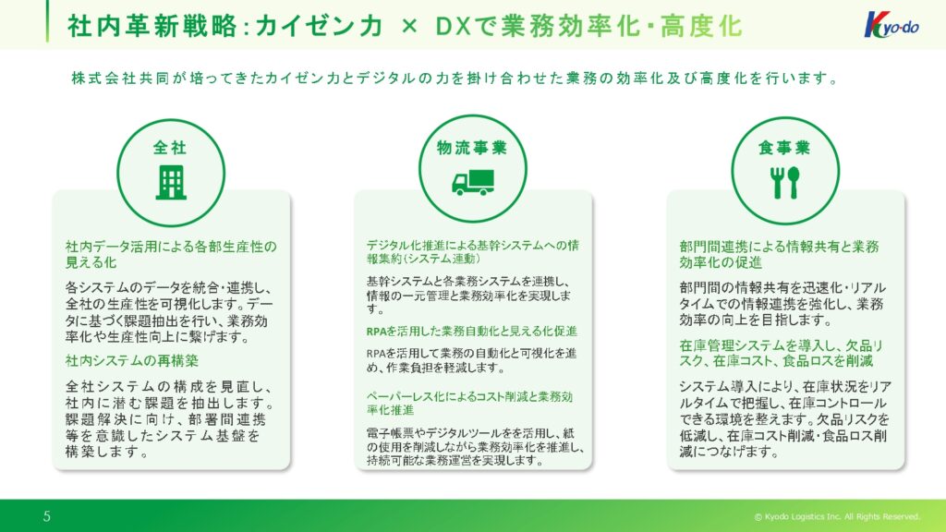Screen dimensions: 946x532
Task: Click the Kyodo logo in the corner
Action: [891, 25]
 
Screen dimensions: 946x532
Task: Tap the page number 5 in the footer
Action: [47, 515]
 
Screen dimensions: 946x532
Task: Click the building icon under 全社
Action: [171, 183]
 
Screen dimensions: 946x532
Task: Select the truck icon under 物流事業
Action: [473, 182]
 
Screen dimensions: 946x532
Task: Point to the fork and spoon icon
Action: [785, 182]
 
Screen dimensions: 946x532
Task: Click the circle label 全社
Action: [170, 147]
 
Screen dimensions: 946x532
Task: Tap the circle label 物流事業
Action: [472, 147]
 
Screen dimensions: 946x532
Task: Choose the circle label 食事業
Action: [784, 147]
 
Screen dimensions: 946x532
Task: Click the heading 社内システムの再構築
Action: [132, 361]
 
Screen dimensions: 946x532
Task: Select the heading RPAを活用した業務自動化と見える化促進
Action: [472, 332]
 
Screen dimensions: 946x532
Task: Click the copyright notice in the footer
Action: [837, 516]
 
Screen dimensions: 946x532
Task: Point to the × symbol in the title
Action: [409, 26]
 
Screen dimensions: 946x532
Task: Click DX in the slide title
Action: [453, 26]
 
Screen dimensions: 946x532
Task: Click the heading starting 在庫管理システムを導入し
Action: [781, 354]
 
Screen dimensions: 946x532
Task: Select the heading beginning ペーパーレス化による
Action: [469, 403]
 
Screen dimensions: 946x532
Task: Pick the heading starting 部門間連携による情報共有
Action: [779, 255]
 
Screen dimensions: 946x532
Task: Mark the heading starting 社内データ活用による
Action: [171, 255]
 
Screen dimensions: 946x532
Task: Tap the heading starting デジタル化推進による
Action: [472, 251]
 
